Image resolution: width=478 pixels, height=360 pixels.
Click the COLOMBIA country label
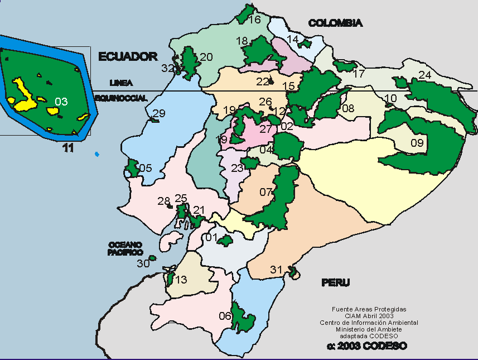pyautogui.click(x=335, y=23)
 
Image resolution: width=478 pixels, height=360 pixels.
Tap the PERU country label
pyautogui.click(x=335, y=282)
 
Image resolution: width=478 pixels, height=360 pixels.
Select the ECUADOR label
pyautogui.click(x=128, y=56)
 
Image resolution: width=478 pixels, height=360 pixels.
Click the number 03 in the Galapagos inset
pyautogui.click(x=61, y=102)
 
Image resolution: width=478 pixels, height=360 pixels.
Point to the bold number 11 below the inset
pyautogui.click(x=68, y=148)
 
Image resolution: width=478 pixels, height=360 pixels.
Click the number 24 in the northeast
pyautogui.click(x=424, y=75)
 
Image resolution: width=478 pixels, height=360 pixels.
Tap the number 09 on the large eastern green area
pyautogui.click(x=417, y=143)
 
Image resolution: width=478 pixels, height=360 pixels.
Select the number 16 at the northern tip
pyautogui.click(x=254, y=20)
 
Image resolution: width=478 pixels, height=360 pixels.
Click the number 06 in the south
pyautogui.click(x=225, y=316)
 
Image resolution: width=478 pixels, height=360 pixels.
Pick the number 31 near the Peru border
pyautogui.click(x=277, y=270)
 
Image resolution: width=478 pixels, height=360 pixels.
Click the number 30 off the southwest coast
pyautogui.click(x=143, y=263)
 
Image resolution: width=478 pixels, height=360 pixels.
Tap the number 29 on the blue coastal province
pyautogui.click(x=159, y=113)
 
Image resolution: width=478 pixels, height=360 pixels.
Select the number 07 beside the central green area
pyautogui.click(x=266, y=193)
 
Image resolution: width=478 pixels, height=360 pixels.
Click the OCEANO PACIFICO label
pyautogui.click(x=125, y=248)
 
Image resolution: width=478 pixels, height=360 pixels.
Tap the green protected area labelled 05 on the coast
pyautogui.click(x=132, y=167)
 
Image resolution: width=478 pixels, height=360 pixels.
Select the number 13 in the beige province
pyautogui.click(x=181, y=280)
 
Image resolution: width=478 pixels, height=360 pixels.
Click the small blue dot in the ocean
pyautogui.click(x=97, y=153)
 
